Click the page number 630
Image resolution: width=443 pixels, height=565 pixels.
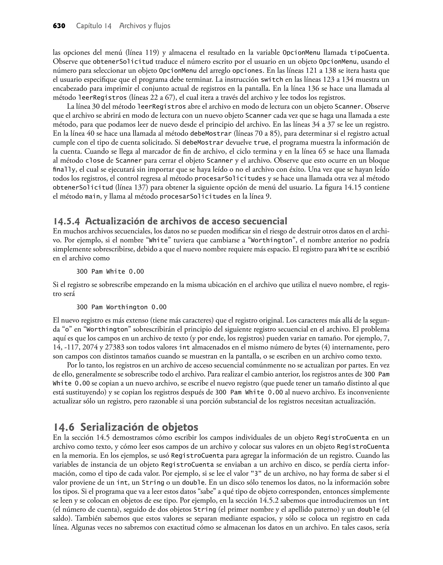[x=59, y=26]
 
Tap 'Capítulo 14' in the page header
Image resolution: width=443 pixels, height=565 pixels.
[x=94, y=26]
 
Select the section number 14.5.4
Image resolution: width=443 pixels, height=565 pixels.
[x=66, y=221]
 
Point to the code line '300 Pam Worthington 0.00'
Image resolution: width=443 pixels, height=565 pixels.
[x=121, y=307]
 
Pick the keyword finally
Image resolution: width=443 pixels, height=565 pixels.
[x=64, y=170]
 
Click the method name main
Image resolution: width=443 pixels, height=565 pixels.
[x=92, y=197]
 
